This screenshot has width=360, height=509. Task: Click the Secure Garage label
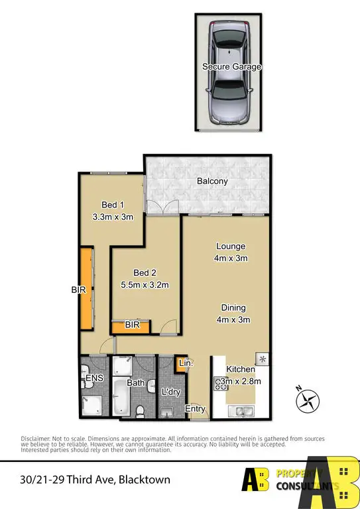(231, 67)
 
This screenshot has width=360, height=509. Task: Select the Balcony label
(212, 181)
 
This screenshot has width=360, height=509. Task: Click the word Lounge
(230, 247)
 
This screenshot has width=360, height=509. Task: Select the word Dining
(233, 308)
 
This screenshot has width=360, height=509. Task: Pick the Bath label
(136, 382)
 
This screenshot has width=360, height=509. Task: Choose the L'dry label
(171, 392)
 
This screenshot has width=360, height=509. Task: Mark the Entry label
(195, 409)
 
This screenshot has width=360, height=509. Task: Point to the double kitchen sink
(241, 411)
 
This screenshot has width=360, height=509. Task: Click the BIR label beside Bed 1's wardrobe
(79, 290)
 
